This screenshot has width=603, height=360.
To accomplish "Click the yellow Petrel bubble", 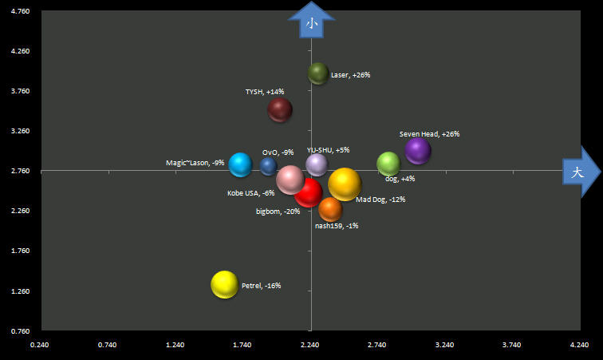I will tap(224, 284).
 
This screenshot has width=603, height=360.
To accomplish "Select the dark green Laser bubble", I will tap(318, 74).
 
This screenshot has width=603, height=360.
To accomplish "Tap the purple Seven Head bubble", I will tap(417, 150).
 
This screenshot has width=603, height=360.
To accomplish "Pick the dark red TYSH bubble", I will tap(280, 109).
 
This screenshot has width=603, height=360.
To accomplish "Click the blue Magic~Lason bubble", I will tap(240, 164).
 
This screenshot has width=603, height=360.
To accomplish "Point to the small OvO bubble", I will tap(268, 166).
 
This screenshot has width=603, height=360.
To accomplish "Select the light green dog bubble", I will tap(388, 164).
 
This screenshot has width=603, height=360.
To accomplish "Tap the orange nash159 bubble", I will tap(329, 209).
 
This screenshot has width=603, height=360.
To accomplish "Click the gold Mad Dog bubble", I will tap(345, 184).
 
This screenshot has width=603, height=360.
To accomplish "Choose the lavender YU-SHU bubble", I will tap(317, 164).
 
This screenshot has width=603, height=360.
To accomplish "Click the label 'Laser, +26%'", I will tap(350, 75).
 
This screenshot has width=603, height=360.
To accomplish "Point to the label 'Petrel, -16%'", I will tap(261, 286).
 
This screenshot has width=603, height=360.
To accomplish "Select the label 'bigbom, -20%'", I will tap(278, 212).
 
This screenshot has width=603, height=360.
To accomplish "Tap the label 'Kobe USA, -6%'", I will tap(250, 193).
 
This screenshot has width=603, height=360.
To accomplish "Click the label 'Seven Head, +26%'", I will tap(429, 134).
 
